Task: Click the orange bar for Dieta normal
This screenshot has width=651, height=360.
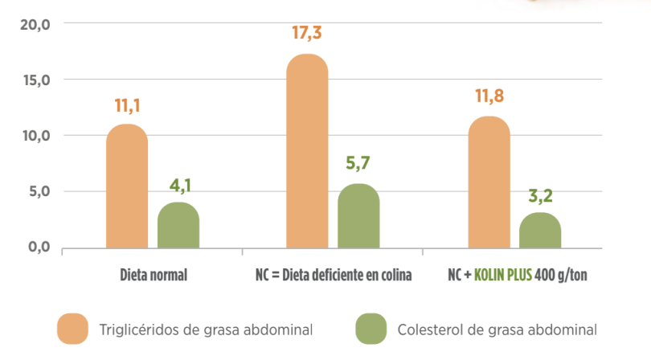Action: pyautogui.click(x=127, y=186)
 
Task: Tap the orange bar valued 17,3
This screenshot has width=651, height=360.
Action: pyautogui.click(x=308, y=152)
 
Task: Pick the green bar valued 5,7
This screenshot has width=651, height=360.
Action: pyautogui.click(x=358, y=216)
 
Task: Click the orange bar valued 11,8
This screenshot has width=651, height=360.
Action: pyautogui.click(x=489, y=182)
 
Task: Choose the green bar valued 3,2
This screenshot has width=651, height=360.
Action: pyautogui.click(x=540, y=230)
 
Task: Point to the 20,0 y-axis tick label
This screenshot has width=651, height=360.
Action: pyautogui.click(x=34, y=25)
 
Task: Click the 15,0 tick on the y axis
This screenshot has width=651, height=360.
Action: pyautogui.click(x=34, y=80)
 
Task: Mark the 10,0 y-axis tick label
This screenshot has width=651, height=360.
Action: pyautogui.click(x=34, y=136)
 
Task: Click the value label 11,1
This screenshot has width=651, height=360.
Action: pyautogui.click(x=127, y=105)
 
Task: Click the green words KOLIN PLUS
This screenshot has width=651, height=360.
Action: pyautogui.click(x=502, y=275)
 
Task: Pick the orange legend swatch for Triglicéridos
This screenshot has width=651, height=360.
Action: pyautogui.click(x=72, y=329)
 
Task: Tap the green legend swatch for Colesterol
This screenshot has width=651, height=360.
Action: pyautogui.click(x=371, y=329)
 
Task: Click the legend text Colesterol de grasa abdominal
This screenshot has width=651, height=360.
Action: pyautogui.click(x=497, y=329)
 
